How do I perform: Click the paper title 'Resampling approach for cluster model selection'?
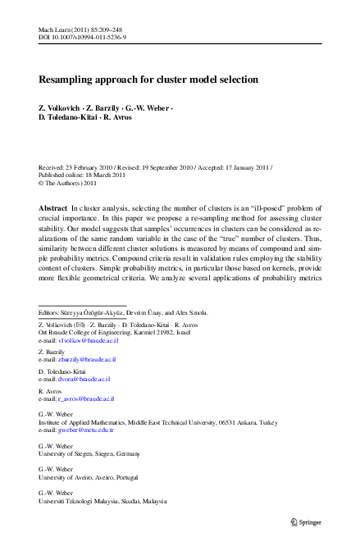click(x=148, y=80)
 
